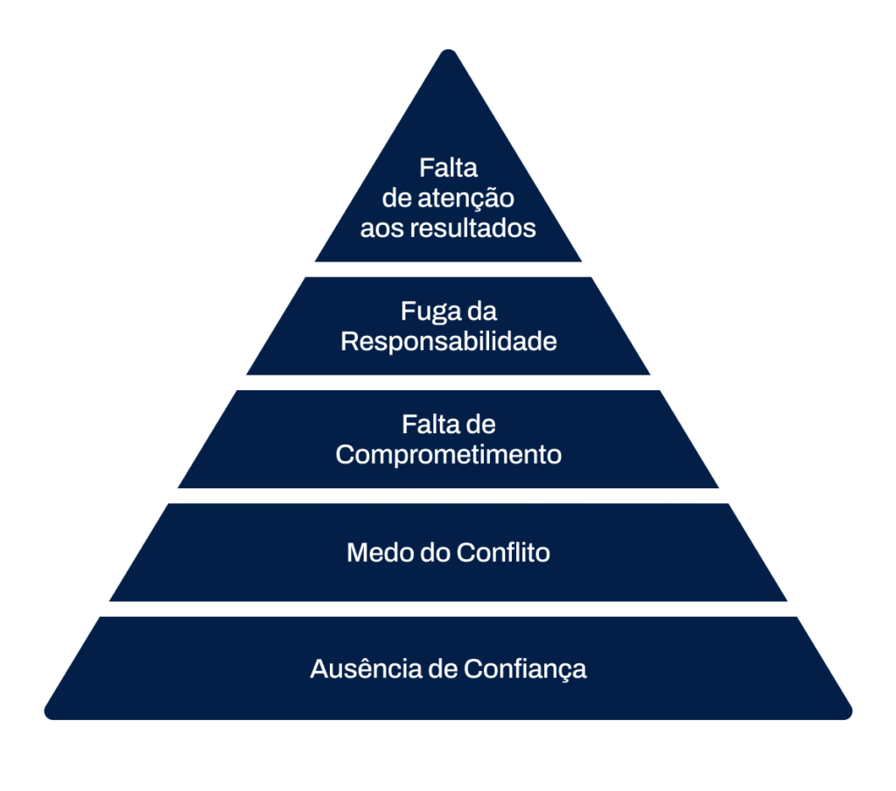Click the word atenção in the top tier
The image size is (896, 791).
(x=465, y=199)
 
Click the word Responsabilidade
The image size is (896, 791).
(x=449, y=341)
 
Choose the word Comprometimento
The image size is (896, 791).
(x=449, y=456)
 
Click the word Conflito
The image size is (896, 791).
(x=503, y=553)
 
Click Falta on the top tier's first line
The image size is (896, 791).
(x=448, y=168)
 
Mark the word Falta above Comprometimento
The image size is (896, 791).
(x=426, y=424)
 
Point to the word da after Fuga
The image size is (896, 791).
(x=482, y=311)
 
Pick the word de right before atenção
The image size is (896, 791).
(x=397, y=199)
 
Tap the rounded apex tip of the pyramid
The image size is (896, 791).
(x=449, y=51)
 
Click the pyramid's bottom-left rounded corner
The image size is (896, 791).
(x=50, y=713)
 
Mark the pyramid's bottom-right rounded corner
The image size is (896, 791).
(x=847, y=713)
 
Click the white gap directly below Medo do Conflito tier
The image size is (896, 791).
(x=448, y=609)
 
